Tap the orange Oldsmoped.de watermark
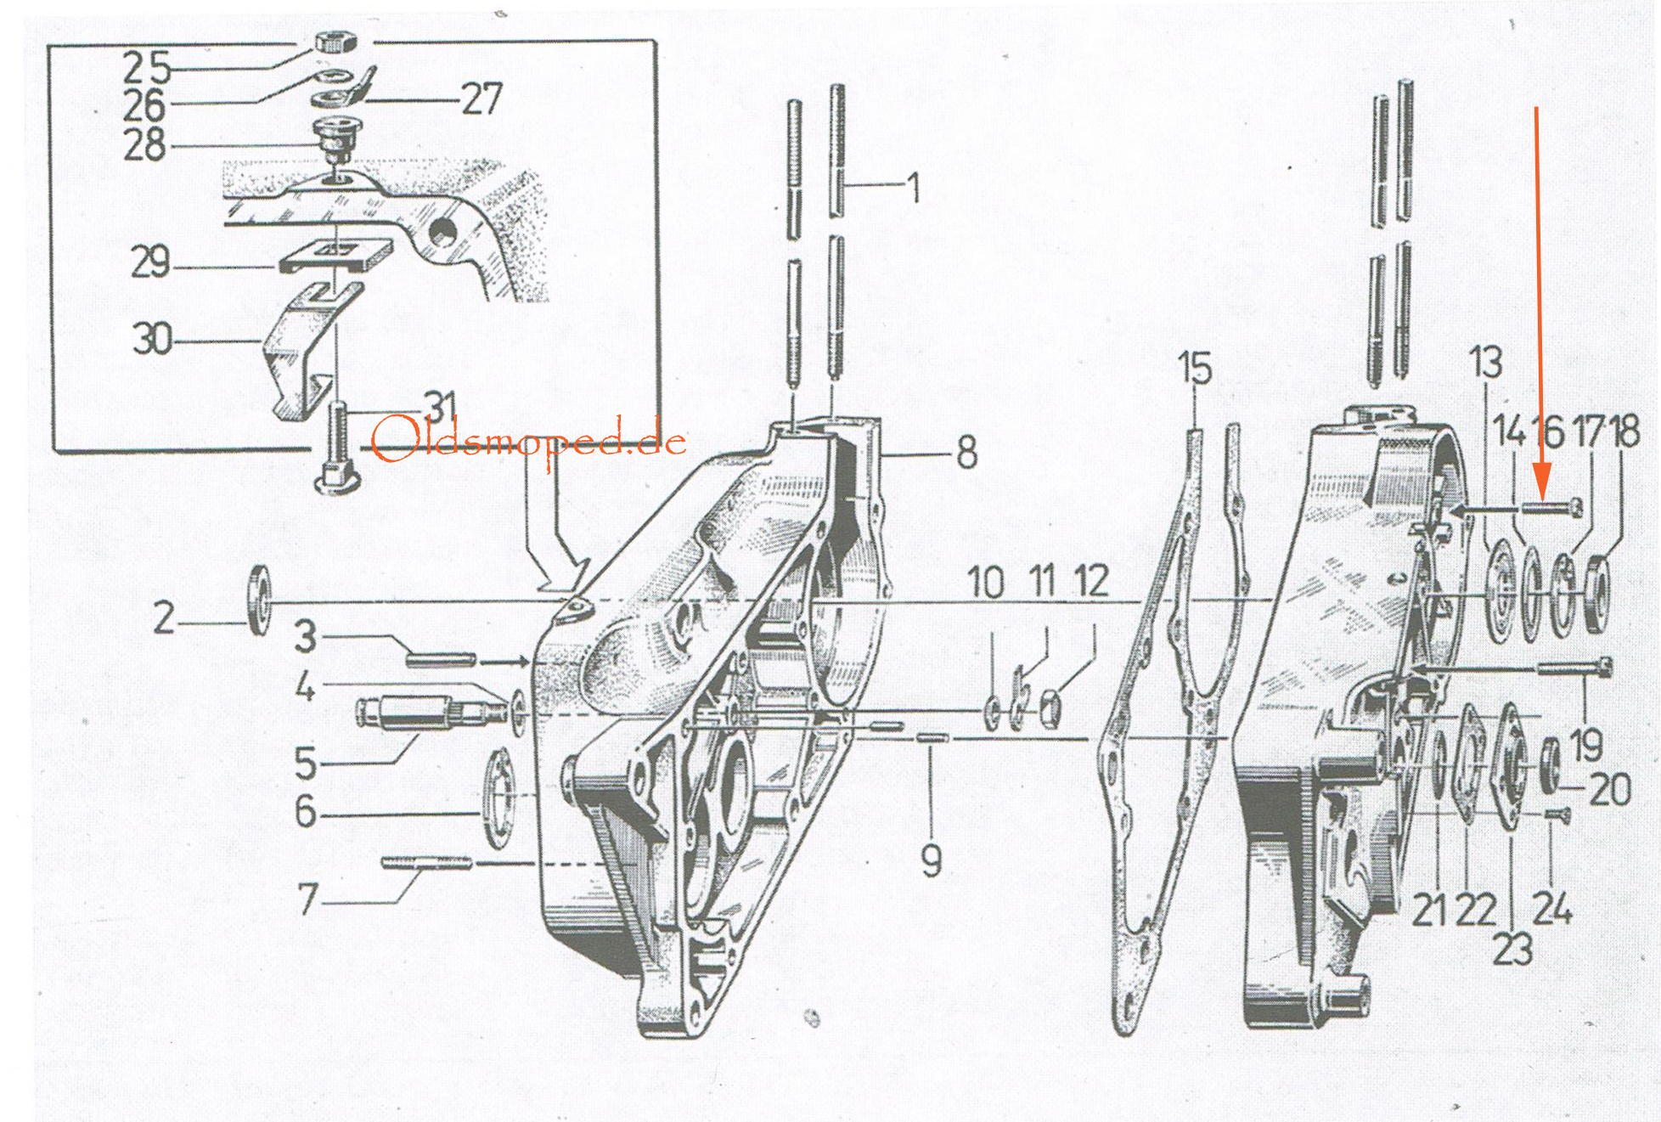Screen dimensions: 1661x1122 (528, 440)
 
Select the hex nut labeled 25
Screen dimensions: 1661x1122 (336, 41)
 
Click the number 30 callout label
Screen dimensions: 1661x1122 (152, 339)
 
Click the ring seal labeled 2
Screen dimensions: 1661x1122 (259, 600)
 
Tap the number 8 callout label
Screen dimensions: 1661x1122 (967, 453)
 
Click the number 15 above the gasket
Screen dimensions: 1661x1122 (1195, 368)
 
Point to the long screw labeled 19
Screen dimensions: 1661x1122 (1575, 668)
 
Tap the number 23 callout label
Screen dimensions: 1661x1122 (1512, 950)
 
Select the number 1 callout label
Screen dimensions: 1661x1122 (914, 187)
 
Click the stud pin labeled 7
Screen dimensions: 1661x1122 (426, 863)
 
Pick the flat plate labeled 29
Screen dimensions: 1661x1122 (335, 255)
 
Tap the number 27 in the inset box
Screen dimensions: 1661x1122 (481, 99)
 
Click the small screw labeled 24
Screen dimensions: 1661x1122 (1555, 815)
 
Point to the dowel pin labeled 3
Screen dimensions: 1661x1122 (441, 658)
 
